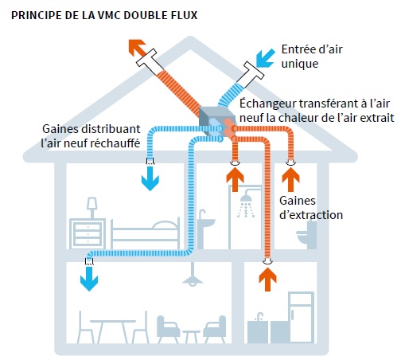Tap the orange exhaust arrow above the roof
coord(136,45)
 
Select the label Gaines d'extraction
coord(311,207)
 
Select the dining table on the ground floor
coord(108,327)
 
